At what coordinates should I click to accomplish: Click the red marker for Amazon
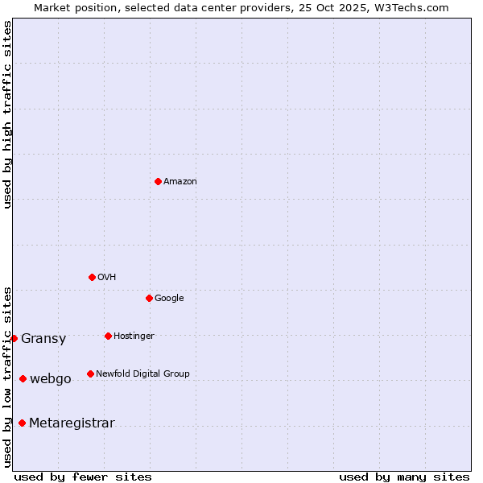(158, 181)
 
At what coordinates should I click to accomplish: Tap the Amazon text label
(180, 182)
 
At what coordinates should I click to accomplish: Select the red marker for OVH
(92, 277)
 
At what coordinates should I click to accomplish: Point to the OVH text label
(107, 278)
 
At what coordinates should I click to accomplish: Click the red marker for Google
(149, 298)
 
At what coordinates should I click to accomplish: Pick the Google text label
(169, 299)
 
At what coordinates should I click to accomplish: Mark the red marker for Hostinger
(108, 336)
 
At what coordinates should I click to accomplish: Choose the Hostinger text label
(134, 336)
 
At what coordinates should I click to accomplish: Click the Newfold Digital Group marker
(90, 374)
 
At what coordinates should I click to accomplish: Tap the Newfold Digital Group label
(142, 374)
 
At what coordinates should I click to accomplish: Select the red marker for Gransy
(14, 338)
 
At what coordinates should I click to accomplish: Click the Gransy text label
(43, 339)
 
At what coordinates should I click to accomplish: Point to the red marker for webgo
(23, 378)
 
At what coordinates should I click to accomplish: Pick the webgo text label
(51, 379)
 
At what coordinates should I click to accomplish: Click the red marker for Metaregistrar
(22, 423)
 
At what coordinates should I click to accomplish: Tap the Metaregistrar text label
(72, 423)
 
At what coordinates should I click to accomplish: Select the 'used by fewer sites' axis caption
(83, 477)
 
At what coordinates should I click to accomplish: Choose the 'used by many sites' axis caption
(404, 477)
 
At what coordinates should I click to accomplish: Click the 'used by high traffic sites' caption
(8, 115)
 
